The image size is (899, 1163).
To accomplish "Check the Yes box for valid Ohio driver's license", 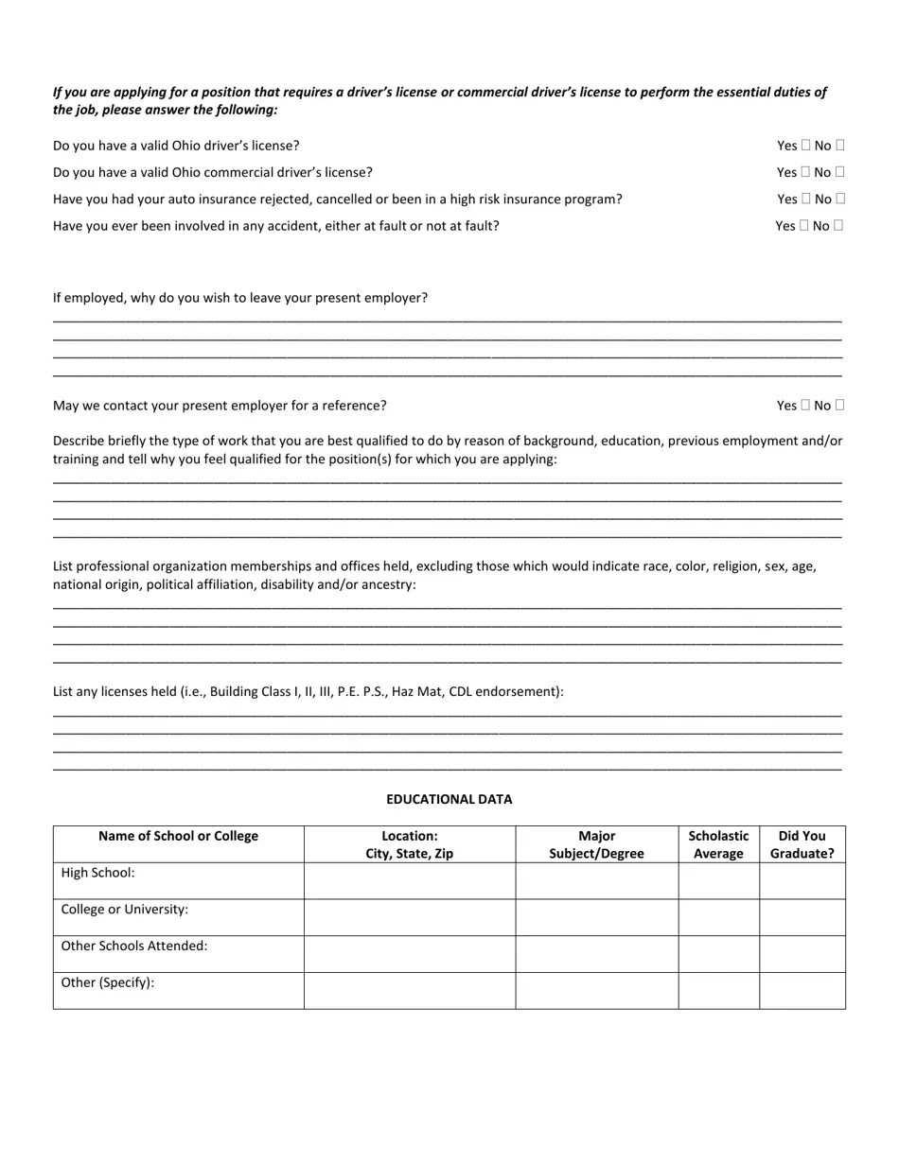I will (x=805, y=146).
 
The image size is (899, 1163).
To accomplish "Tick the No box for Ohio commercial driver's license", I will (x=839, y=172).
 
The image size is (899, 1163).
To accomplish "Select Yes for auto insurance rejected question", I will (x=805, y=199).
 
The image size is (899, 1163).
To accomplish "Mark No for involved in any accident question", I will (x=837, y=226).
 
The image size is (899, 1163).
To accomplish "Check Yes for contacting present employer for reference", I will (x=805, y=406).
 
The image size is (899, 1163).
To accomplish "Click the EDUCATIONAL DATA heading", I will (x=449, y=799).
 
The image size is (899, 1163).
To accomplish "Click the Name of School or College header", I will (x=178, y=836).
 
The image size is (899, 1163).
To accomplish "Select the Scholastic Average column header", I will (x=718, y=844).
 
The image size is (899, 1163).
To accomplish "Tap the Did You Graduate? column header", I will (x=802, y=844).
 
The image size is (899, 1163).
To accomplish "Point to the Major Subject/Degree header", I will (x=596, y=844).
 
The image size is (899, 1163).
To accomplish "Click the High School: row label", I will (x=97, y=873).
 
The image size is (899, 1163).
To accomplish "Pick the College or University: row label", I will (x=124, y=910).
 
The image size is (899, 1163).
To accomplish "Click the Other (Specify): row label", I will (x=107, y=982).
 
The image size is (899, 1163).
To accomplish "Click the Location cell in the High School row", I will (x=409, y=880).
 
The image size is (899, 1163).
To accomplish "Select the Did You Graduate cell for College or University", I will (x=802, y=917).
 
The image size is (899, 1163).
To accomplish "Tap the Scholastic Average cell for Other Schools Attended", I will (x=718, y=954).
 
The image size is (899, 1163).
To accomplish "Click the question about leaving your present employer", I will (x=239, y=298).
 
